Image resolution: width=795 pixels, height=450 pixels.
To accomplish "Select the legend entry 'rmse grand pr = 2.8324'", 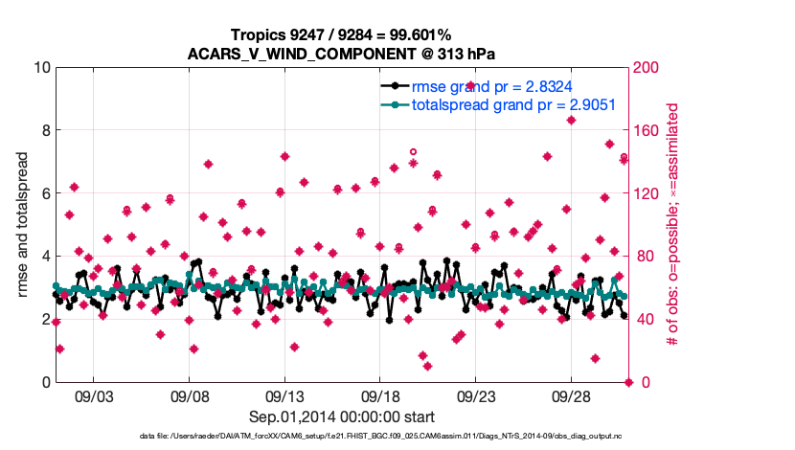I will click(x=492, y=86).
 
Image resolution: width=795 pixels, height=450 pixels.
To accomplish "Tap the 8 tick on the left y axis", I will click(x=44, y=130).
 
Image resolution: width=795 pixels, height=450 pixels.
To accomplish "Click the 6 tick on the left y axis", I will click(x=44, y=193).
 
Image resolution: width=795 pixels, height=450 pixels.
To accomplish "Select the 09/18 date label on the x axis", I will click(x=380, y=395).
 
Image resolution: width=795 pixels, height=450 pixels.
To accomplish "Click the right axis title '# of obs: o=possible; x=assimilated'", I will click(x=673, y=225).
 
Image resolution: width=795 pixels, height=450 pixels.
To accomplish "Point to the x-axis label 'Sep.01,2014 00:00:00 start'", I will click(x=342, y=416).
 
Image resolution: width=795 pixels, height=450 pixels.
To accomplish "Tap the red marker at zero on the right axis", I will click(x=629, y=382).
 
